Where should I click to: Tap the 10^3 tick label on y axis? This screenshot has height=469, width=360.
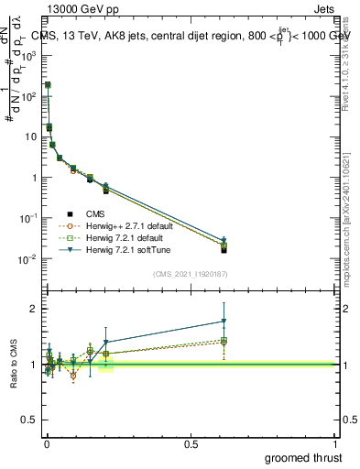(x=28, y=55)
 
